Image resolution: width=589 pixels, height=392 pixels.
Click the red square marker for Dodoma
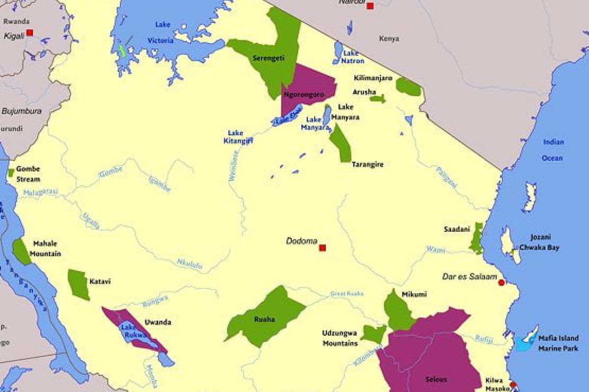[322, 248]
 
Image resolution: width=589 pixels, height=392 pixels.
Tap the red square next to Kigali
[29, 32]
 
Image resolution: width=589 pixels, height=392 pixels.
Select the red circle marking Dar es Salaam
[501, 283]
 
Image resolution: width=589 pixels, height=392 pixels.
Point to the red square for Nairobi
[370, 6]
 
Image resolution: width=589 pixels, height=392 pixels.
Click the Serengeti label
[268, 58]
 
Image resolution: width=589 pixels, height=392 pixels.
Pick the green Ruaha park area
[268, 317]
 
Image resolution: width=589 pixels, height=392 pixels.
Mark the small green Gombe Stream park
[11, 172]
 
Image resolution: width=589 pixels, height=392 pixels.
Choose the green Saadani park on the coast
[476, 239]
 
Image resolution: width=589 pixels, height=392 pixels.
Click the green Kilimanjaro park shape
[408, 87]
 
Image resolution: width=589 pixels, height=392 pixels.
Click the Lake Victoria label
[164, 32]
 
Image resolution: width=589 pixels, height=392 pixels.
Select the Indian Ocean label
[553, 150]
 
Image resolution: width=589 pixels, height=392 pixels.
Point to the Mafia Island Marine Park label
[558, 343]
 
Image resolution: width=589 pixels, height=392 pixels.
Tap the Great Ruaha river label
[347, 294]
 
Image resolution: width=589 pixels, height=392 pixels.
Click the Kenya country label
[389, 38]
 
